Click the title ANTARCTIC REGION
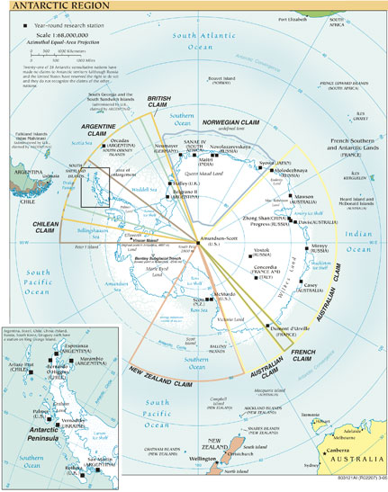pyautogui.click(x=47, y=7)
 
